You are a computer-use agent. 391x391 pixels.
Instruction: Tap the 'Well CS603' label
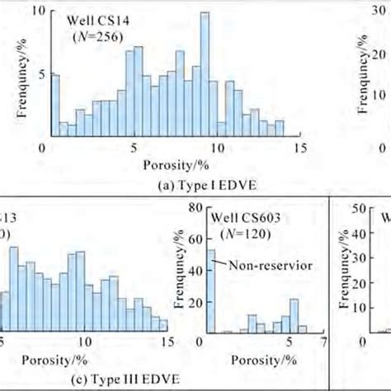(241, 218)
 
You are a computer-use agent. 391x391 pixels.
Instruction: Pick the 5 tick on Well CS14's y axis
(43, 73)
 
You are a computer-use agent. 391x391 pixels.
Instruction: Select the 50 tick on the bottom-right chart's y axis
(361, 210)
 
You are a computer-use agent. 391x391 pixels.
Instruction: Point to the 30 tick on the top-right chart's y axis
(382, 12)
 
